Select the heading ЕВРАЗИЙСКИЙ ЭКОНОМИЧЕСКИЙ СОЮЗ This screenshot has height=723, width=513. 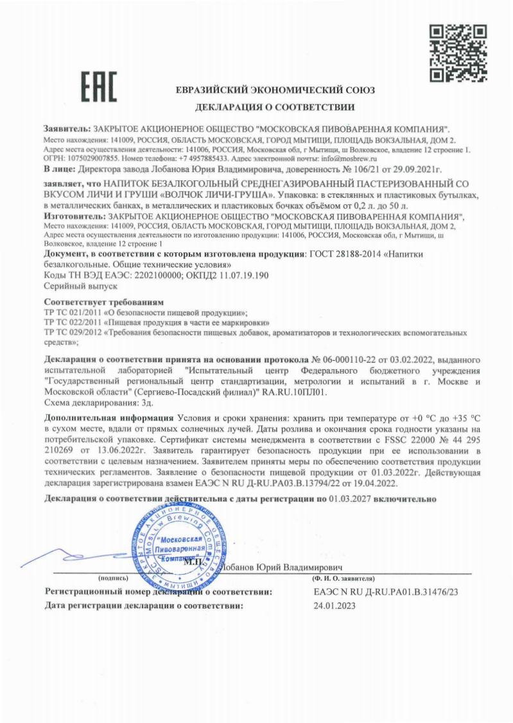tap(275, 90)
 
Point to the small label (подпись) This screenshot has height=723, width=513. tap(121, 579)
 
